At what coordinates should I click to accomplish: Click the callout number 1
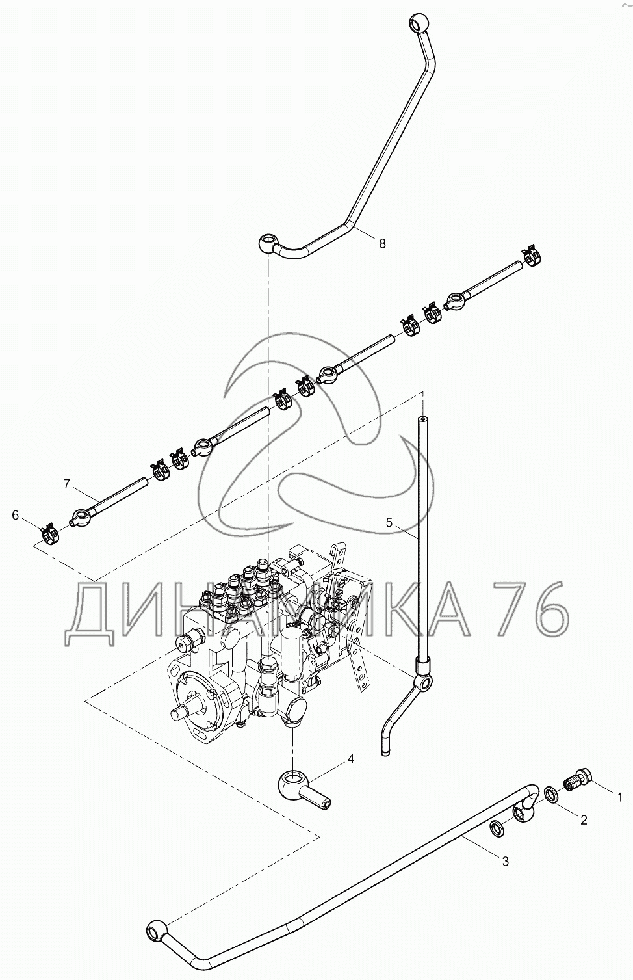click(621, 796)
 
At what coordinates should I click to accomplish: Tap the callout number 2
click(584, 820)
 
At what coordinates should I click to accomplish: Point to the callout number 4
click(351, 759)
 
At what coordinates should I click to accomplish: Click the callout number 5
click(389, 522)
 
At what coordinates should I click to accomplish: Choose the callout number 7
click(66, 483)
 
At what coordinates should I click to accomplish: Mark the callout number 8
click(382, 243)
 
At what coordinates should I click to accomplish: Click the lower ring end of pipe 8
click(268, 244)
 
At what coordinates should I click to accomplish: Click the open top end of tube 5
click(422, 421)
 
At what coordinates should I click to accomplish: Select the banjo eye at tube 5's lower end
click(423, 682)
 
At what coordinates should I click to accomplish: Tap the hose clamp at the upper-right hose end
click(532, 255)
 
